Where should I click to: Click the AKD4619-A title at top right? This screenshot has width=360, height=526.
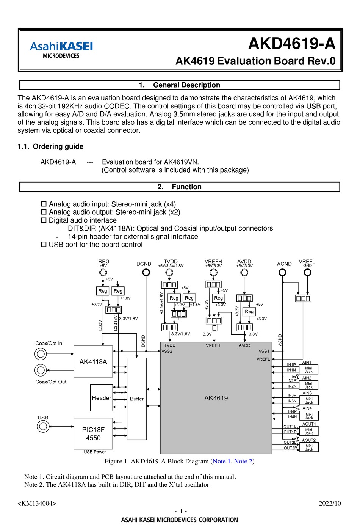point(292,44)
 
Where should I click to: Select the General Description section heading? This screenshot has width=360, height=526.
point(180,85)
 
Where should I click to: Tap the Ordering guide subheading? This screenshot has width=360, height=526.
point(50,146)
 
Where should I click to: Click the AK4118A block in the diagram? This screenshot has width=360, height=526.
point(93,361)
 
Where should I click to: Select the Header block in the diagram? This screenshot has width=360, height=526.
point(102,398)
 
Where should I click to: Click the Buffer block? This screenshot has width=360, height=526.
point(136,399)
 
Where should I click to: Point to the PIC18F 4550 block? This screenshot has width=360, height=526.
point(93,433)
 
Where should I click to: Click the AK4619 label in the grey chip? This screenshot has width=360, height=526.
point(216,398)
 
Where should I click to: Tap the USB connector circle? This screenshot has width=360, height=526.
point(43,426)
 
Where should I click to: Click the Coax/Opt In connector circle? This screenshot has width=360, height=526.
point(41,354)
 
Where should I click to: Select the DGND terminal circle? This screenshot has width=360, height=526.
point(146,272)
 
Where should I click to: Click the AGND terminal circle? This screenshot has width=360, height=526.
point(282,272)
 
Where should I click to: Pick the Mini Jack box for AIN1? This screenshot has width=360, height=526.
point(308,369)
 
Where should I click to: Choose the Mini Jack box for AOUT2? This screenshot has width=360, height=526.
point(309,447)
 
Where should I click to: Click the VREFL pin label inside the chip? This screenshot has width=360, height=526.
point(263,359)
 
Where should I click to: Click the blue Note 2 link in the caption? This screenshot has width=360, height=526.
point(243,461)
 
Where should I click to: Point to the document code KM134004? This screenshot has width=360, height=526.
point(37,504)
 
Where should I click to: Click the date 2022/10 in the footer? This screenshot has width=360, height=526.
point(330,503)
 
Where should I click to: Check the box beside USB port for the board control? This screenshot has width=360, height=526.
point(44,245)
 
